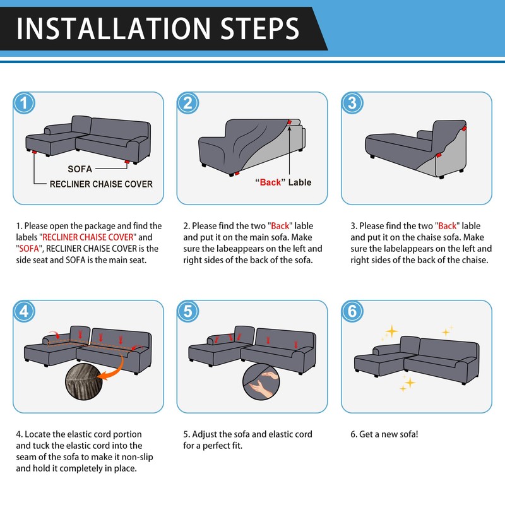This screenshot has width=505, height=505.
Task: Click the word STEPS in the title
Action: tap(260, 28)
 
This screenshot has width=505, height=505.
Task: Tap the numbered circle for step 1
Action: tap(24, 103)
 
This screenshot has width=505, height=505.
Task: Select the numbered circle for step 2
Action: tap(188, 103)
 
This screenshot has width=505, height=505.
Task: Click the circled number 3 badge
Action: tap(352, 103)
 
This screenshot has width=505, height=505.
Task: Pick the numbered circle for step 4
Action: tap(24, 311)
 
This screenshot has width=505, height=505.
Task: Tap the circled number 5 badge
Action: tap(188, 311)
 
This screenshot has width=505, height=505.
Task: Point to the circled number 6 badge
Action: tap(352, 311)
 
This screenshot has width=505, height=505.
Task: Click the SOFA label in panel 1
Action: tap(80, 169)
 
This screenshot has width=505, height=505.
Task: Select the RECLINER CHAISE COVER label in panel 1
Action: tap(101, 184)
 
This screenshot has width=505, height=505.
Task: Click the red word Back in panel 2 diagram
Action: tap(271, 182)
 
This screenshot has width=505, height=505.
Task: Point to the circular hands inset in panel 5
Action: tap(261, 382)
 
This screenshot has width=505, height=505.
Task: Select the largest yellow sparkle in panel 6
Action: tap(392, 331)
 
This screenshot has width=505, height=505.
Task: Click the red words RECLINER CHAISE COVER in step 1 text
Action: tap(88, 237)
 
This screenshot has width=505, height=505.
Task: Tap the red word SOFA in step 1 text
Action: tap(29, 249)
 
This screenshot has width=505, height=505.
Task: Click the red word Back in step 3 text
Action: tap(448, 226)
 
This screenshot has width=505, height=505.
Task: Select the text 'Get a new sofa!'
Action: tap(388, 434)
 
